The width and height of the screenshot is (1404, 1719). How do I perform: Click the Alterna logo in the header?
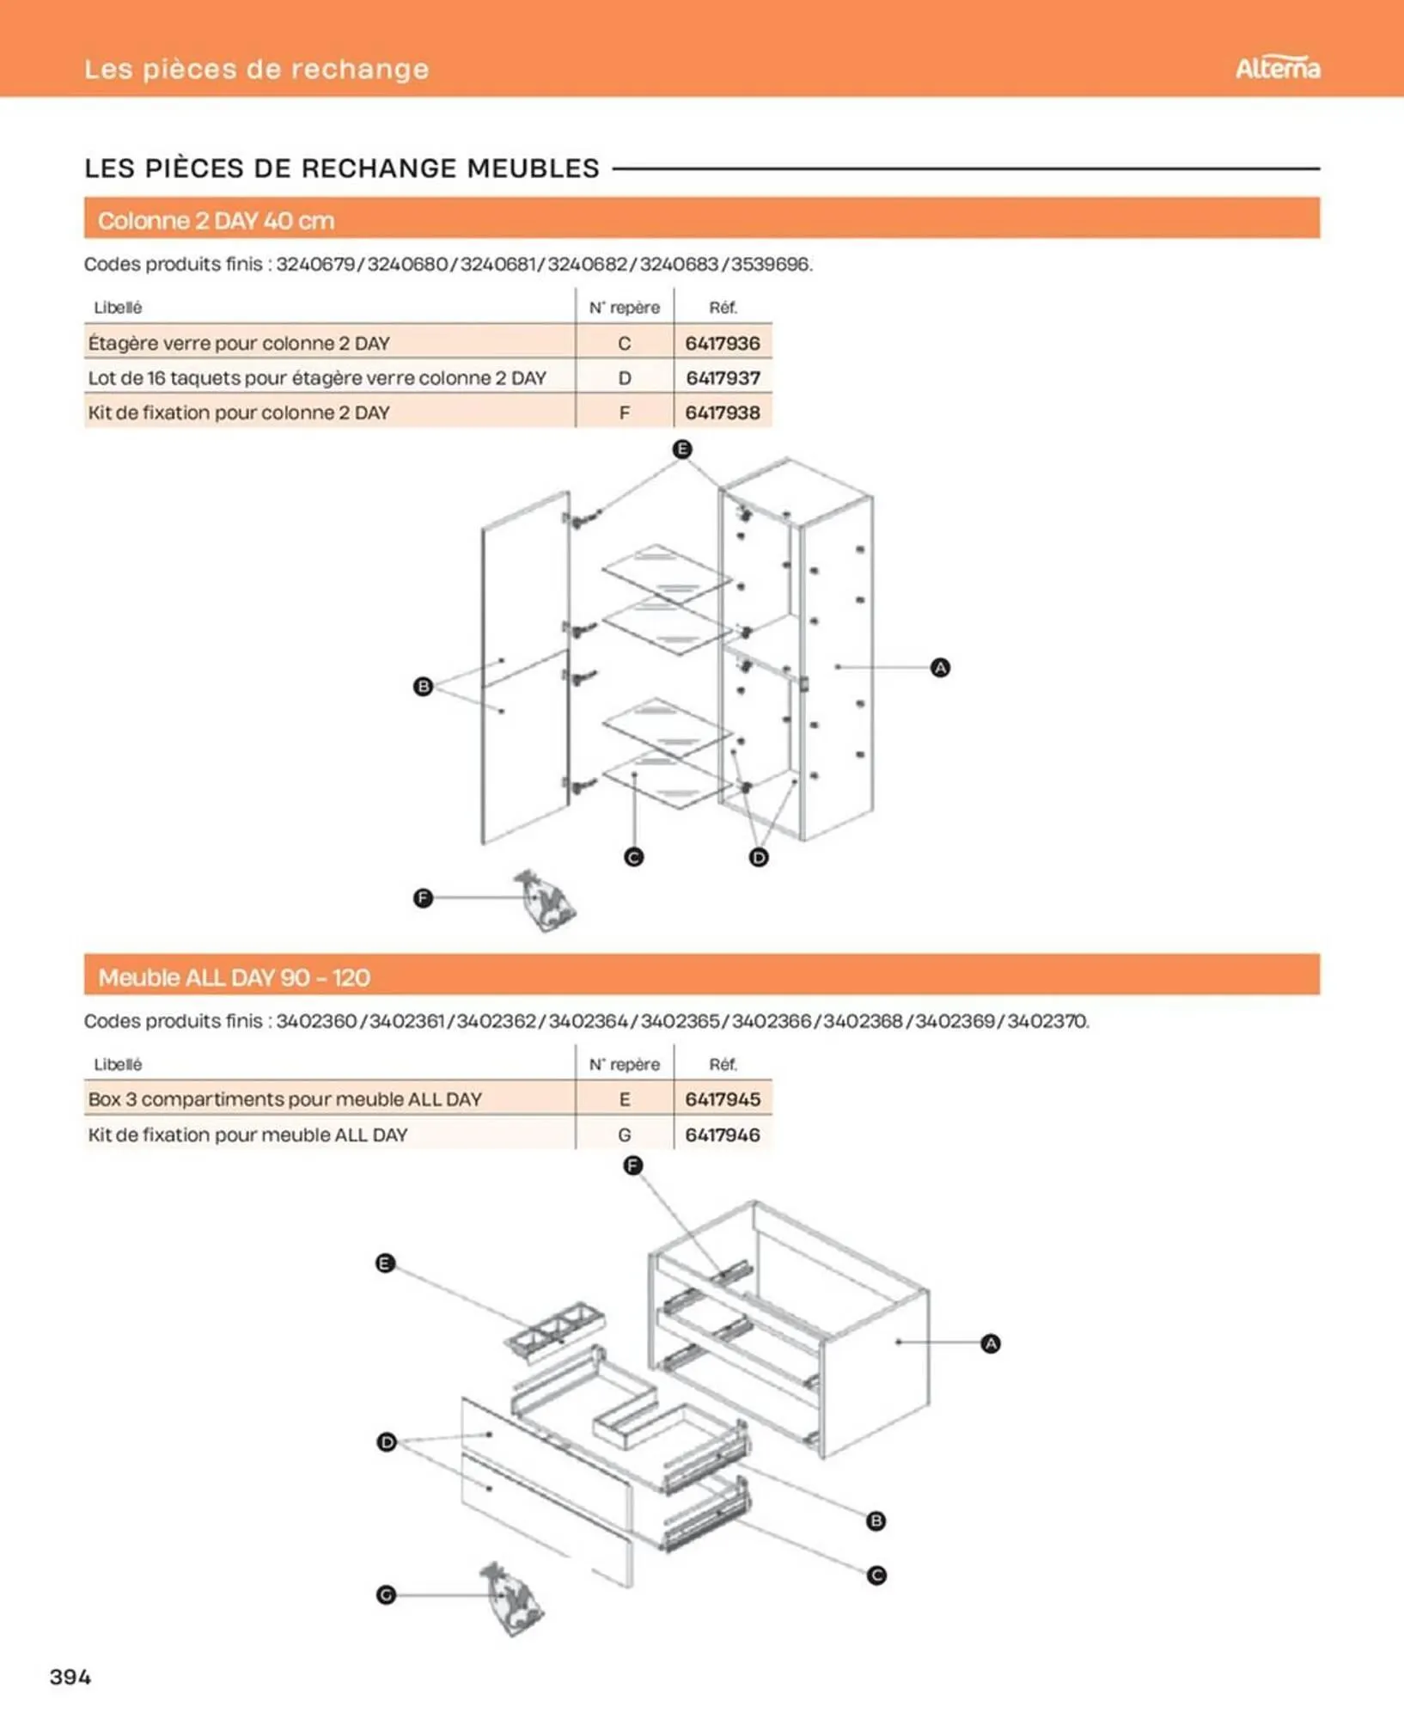pos(1277,68)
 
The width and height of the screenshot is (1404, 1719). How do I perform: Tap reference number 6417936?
pos(723,343)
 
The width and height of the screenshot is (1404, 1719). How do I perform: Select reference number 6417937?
pos(723,378)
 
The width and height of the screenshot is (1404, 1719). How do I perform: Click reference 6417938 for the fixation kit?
pos(723,413)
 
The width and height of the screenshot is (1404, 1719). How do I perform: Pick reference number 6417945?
pos(723,1099)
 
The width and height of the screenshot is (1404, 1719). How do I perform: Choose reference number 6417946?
pos(723,1135)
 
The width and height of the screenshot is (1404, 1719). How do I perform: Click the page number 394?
pos(70,1676)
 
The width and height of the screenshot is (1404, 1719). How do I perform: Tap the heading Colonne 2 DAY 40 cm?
pos(216,221)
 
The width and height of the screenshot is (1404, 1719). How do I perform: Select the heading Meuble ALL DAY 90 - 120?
pos(234,977)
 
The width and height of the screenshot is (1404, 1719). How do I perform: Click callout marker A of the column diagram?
pos(940,668)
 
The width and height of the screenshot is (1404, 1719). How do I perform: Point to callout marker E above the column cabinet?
pos(682,449)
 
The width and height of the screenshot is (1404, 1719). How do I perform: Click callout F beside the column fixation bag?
pos(423,898)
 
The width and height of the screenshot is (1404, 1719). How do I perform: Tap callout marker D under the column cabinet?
pos(759,857)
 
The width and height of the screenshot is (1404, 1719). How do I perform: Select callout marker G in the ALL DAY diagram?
pos(386,1595)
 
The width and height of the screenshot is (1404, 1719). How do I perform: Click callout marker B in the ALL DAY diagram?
pos(876,1520)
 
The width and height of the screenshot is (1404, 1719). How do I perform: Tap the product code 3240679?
pos(315,264)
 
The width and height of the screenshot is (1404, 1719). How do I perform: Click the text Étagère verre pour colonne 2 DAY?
pos(239,343)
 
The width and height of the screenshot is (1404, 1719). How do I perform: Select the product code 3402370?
pos(1047,1021)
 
